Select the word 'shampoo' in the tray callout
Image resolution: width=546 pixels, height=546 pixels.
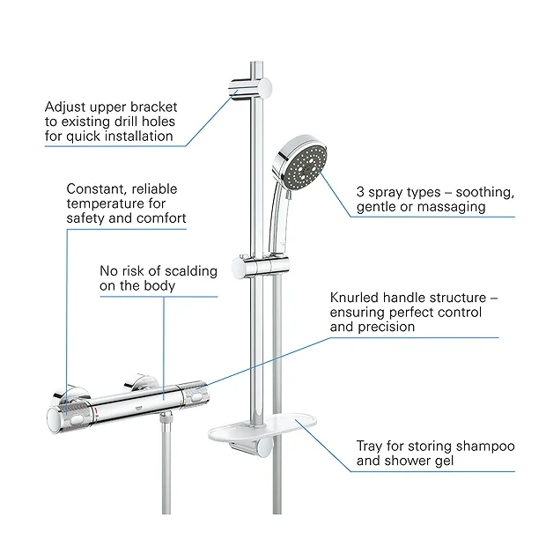482,446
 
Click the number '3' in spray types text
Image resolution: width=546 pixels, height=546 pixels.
361,191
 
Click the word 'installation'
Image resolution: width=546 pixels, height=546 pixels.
144,136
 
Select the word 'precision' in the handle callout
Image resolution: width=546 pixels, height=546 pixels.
386,327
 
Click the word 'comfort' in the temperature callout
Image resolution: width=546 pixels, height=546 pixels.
159,218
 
